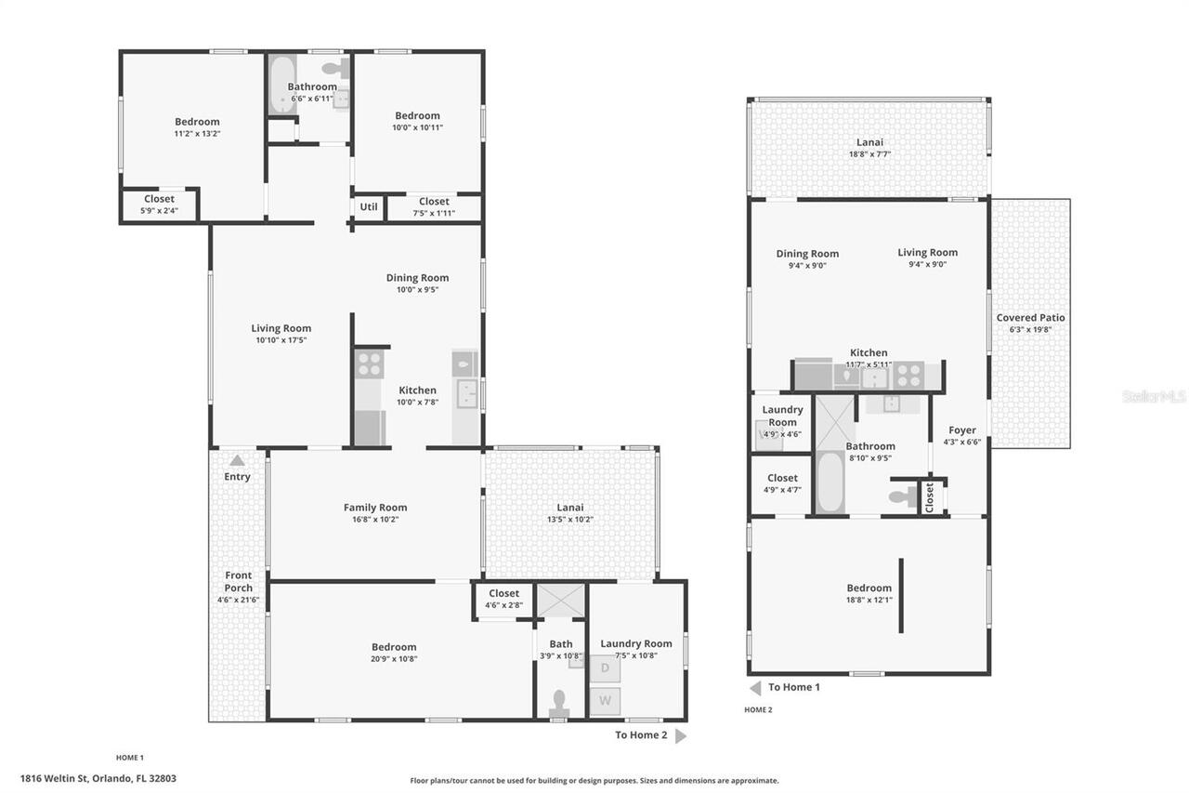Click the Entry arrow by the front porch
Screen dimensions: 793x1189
click(x=237, y=460)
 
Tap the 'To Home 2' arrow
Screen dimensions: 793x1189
click(x=681, y=735)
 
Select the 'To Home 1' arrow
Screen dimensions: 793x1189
click(x=755, y=688)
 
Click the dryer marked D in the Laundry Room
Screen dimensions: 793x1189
click(x=605, y=667)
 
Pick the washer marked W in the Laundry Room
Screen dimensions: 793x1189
click(x=605, y=700)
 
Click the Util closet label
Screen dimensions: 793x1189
click(x=369, y=206)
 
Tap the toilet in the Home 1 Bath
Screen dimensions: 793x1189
click(x=559, y=703)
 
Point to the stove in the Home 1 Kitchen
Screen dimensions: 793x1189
click(x=369, y=363)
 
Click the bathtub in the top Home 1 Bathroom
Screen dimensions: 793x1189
click(x=281, y=86)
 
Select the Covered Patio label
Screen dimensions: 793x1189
click(x=1030, y=318)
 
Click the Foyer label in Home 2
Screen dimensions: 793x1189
click(x=961, y=430)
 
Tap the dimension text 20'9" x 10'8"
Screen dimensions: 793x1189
click(x=394, y=659)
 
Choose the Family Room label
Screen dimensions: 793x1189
click(x=375, y=508)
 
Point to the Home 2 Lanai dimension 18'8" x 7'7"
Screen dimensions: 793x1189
click(x=869, y=154)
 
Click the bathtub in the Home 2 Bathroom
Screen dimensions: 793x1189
click(x=830, y=482)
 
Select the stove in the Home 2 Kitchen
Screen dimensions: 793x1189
click(x=908, y=376)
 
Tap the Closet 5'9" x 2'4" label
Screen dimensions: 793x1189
click(x=159, y=199)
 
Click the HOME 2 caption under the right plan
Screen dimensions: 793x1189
click(x=758, y=709)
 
